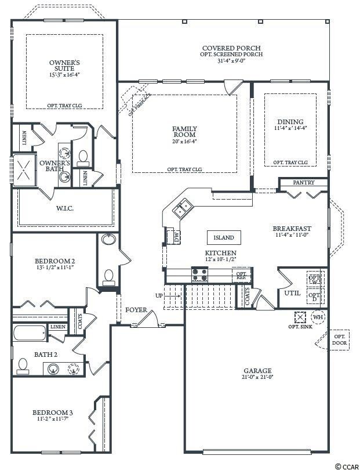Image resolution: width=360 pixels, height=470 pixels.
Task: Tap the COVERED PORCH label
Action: coord(231,48)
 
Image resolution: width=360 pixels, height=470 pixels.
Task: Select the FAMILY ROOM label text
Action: coord(184,132)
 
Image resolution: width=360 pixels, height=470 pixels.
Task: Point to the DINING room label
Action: coord(290,122)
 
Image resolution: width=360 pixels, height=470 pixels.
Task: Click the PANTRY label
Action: coord(303,183)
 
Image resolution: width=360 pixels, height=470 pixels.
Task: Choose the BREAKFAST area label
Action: coord(292,228)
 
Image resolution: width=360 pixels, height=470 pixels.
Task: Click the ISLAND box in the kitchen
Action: coord(224,237)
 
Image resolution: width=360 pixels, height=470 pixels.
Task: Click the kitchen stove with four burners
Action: coord(200,274)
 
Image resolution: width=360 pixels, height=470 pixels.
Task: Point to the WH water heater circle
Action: coord(318,317)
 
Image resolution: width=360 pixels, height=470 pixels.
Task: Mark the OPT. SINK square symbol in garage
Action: coord(300,317)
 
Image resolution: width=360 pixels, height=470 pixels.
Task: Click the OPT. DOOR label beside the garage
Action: coord(337,340)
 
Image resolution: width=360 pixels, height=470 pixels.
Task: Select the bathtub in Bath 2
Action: coord(30,334)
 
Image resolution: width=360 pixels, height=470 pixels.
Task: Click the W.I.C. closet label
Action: coord(64,208)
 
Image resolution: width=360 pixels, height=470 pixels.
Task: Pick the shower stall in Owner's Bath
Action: coord(25,171)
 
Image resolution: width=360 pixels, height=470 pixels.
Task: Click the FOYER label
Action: coord(136,310)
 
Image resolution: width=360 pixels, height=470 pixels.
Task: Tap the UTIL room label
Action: coord(292,293)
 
